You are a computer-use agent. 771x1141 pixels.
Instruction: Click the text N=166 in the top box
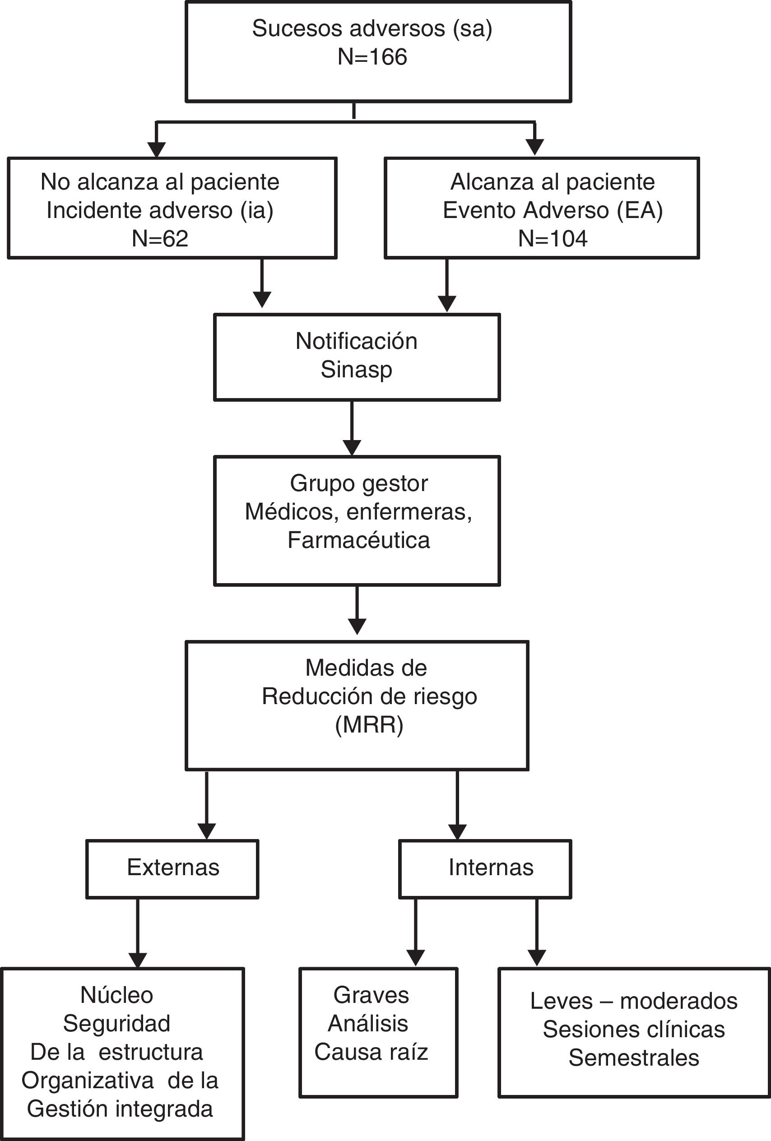372,57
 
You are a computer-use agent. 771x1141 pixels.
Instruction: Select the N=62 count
160,239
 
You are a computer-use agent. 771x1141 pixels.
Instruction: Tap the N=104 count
553,239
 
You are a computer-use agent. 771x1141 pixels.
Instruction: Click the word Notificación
357,341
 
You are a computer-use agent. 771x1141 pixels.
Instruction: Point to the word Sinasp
357,370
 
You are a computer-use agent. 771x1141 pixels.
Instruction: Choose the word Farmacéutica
358,541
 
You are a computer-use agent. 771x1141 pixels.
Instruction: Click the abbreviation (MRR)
369,725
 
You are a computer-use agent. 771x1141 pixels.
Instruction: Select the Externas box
172,867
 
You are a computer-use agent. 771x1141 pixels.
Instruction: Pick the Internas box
485,867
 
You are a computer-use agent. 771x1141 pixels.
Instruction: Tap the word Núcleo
117,995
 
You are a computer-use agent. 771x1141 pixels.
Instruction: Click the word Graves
371,995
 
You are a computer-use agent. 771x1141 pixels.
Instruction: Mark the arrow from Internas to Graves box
415,932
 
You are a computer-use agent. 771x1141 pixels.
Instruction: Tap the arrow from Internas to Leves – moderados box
537,932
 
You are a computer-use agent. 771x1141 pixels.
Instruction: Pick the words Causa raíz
371,1052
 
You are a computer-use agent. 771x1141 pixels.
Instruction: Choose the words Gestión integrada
120,1109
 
